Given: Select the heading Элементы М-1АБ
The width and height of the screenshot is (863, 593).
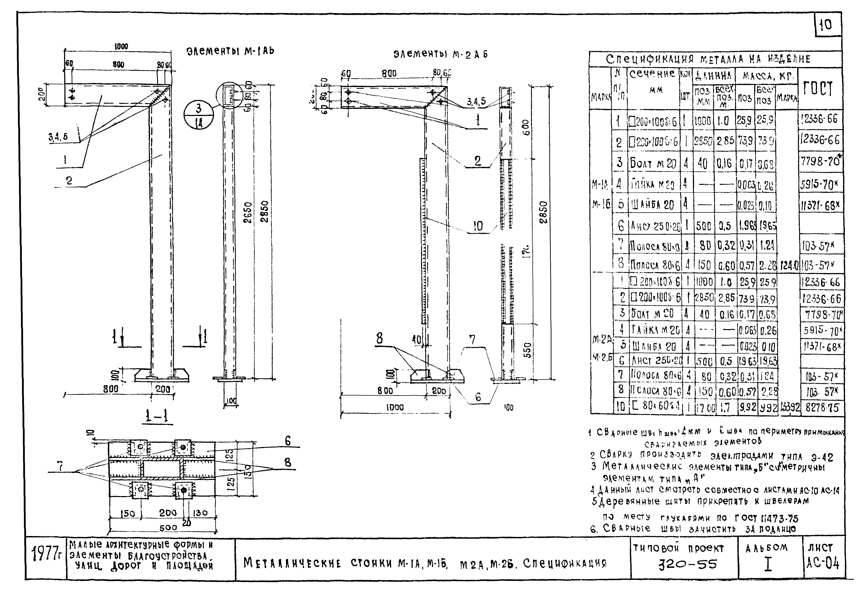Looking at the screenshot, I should pyautogui.click(x=230, y=51).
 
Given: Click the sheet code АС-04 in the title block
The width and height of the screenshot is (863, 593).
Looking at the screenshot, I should pyautogui.click(x=823, y=564).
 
